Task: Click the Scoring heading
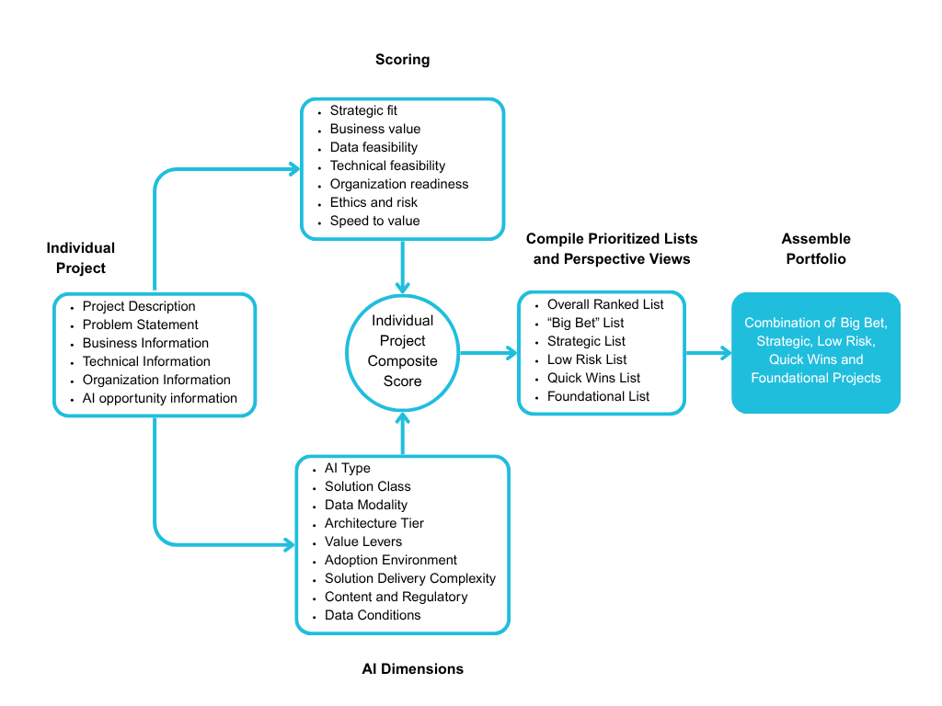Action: click(402, 60)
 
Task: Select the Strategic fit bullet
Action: click(363, 110)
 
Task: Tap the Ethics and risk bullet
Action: click(373, 202)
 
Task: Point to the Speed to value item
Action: click(374, 221)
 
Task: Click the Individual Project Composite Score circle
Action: click(402, 351)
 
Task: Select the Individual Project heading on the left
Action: click(81, 258)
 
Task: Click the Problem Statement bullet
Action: click(140, 325)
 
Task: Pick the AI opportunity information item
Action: click(160, 398)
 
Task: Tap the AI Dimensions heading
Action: click(412, 669)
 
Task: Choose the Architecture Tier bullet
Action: click(373, 523)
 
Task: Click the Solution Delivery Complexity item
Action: click(409, 578)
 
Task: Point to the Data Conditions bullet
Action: click(373, 615)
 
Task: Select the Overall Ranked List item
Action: click(604, 304)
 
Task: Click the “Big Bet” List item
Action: click(585, 323)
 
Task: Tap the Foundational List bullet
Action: click(598, 396)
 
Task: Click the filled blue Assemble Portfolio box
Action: click(815, 352)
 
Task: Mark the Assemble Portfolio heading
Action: click(815, 249)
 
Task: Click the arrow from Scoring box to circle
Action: click(402, 267)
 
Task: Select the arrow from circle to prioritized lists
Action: click(488, 352)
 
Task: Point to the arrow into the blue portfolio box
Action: click(708, 352)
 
